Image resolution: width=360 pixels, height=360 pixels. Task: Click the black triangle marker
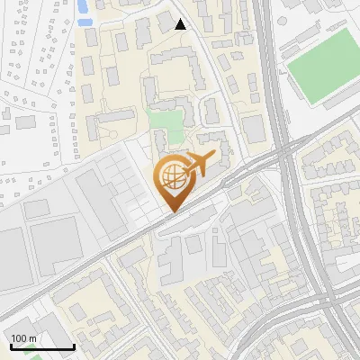pos(181,24)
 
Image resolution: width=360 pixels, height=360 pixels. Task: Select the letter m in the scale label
pos(33,338)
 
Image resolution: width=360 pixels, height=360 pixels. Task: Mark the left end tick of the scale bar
pos(11,346)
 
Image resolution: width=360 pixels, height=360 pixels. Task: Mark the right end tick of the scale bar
pos(74,346)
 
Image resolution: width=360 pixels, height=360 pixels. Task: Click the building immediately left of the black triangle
pos(165,22)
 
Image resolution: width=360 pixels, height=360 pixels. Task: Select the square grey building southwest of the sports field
pos(255,128)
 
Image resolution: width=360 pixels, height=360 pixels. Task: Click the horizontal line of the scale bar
pos(42,347)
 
